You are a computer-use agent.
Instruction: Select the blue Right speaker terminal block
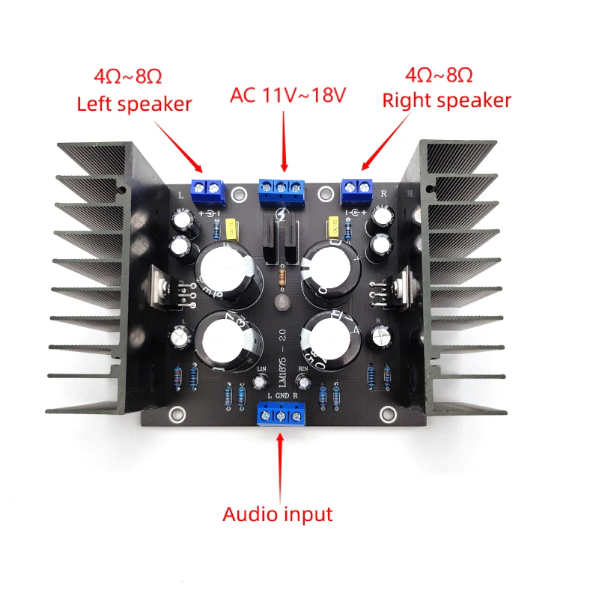click(358, 189)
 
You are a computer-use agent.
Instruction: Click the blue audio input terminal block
click(282, 415)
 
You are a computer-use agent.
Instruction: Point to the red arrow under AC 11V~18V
click(284, 142)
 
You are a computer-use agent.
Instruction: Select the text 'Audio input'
click(278, 514)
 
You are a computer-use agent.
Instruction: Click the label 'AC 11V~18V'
click(288, 96)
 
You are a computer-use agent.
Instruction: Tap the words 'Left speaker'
click(135, 103)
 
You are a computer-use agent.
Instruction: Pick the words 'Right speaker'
click(447, 100)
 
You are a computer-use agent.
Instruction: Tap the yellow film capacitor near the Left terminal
click(231, 227)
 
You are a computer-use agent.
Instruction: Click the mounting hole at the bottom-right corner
click(389, 413)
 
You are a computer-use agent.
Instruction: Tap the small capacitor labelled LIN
click(261, 382)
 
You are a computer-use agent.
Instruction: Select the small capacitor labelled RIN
click(305, 381)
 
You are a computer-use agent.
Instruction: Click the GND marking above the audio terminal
click(282, 395)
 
